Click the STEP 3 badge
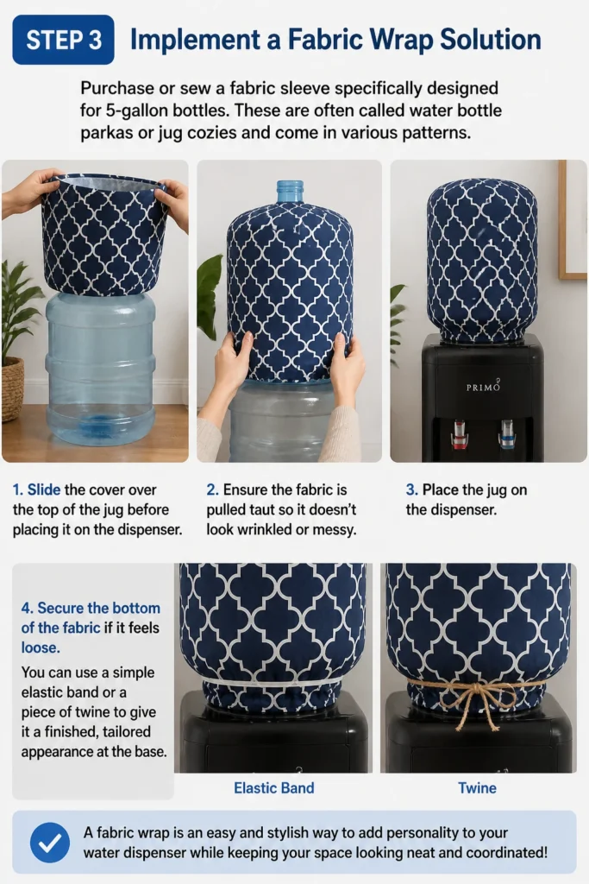tap(63, 40)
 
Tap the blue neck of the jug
tap(290, 191)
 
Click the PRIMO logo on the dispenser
tap(483, 387)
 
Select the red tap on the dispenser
tap(460, 433)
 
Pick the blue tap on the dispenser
tap(506, 434)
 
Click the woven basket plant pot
tap(12, 389)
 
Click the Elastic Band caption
tap(274, 787)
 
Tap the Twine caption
tap(477, 787)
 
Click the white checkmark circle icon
tap(50, 843)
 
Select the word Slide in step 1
tap(44, 489)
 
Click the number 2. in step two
tap(212, 489)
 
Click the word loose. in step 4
tap(41, 647)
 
